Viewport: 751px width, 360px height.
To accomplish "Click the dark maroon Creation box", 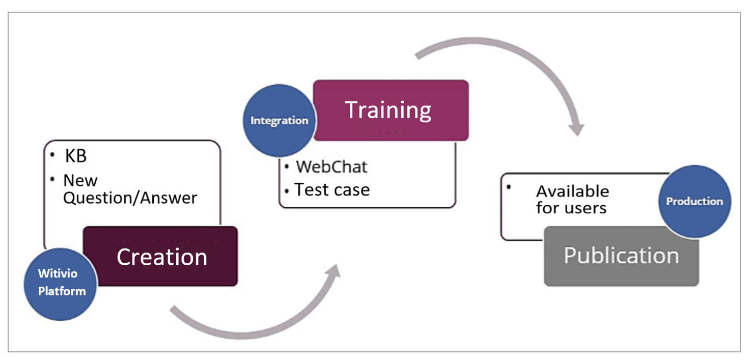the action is [x=160, y=256].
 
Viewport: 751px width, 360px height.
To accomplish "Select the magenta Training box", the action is [x=391, y=110].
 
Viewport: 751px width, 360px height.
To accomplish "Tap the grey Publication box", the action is [x=621, y=257].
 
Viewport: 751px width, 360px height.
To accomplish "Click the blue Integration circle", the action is [x=280, y=121].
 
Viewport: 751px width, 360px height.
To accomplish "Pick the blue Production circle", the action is [x=694, y=201].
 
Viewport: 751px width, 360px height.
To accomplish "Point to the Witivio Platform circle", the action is [x=61, y=284].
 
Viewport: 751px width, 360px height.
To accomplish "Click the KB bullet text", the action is [x=76, y=156].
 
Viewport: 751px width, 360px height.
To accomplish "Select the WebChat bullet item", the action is [x=331, y=167].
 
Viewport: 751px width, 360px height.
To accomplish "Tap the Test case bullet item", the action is [x=332, y=190].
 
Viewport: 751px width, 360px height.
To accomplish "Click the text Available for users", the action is [x=572, y=200].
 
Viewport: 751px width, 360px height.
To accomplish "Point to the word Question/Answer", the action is [x=130, y=198].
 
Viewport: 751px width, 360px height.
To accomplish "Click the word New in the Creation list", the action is [x=80, y=181].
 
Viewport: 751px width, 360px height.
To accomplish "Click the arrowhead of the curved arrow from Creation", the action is [x=333, y=270].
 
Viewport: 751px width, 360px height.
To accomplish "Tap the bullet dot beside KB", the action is [x=52, y=154].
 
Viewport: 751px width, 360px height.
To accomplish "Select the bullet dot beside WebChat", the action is [x=287, y=167].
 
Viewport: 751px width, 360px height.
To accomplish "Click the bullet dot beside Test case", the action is [x=287, y=191].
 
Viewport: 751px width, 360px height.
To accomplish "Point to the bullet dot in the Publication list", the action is [x=509, y=187].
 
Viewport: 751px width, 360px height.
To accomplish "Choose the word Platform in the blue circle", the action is [x=62, y=291].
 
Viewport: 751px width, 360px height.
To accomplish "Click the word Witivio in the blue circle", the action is [x=58, y=273].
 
